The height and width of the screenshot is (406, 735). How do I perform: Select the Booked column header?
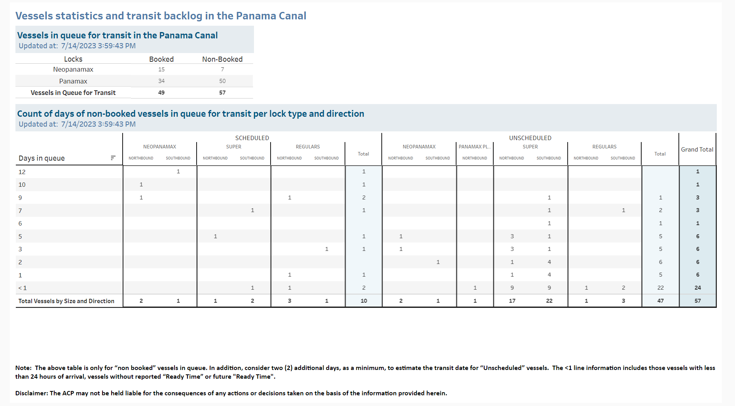[161, 59]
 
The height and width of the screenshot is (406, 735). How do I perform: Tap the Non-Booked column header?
[222, 59]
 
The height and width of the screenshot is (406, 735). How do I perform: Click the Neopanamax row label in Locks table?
[73, 69]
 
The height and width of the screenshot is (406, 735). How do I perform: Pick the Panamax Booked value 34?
[161, 81]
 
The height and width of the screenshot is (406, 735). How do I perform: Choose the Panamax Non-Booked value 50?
[222, 81]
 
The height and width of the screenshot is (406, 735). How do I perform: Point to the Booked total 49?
[161, 93]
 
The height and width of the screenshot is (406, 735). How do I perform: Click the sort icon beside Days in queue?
[113, 158]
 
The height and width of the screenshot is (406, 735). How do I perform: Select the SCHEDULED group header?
[252, 138]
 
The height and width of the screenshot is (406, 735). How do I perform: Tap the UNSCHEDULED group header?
[530, 138]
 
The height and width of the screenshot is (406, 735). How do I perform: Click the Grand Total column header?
[697, 149]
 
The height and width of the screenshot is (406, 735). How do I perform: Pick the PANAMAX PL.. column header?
[475, 146]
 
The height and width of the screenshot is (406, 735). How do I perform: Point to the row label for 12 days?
[22, 172]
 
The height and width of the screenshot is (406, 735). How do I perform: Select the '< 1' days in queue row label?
[23, 288]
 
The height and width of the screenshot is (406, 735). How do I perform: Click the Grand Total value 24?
[698, 288]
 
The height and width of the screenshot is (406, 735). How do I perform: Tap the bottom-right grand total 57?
[698, 301]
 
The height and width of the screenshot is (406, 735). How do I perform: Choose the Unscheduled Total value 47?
[661, 301]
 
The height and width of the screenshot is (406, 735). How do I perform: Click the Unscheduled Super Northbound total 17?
[512, 301]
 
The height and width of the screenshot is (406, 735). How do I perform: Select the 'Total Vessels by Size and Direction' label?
[66, 301]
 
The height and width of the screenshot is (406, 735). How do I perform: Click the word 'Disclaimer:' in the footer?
[32, 393]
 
